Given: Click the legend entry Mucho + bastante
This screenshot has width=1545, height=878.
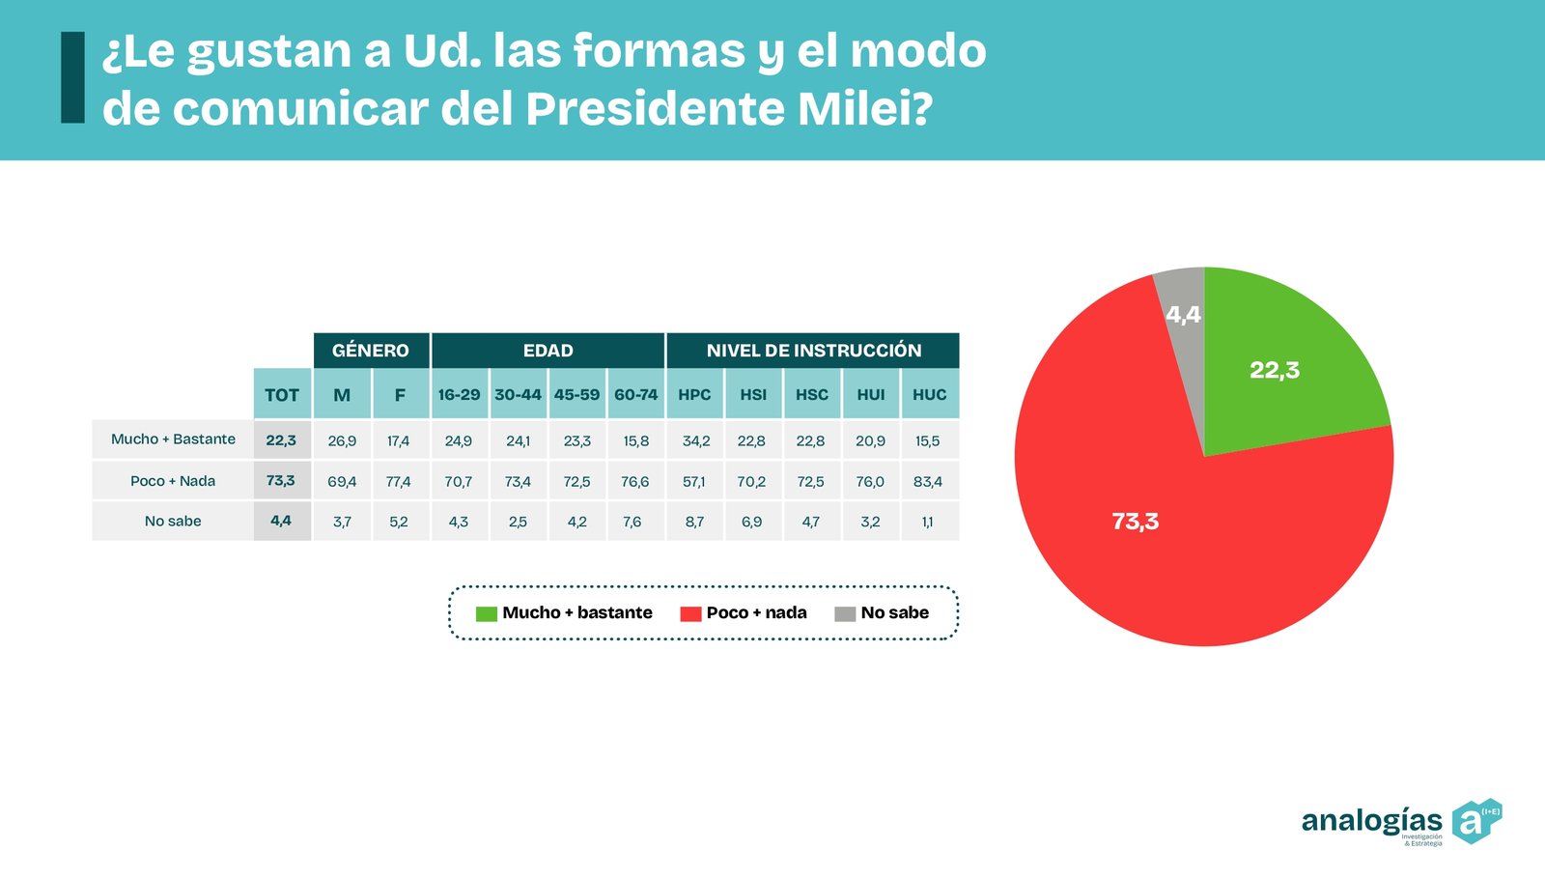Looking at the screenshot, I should pyautogui.click(x=565, y=613).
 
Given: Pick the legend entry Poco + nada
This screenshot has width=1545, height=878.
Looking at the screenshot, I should pyautogui.click(x=744, y=613).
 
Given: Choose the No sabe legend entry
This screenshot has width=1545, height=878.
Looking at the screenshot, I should pyautogui.click(x=883, y=613).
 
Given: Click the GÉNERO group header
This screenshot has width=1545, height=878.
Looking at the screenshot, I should pyautogui.click(x=371, y=351).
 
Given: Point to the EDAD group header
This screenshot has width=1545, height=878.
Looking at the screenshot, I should pyautogui.click(x=548, y=351).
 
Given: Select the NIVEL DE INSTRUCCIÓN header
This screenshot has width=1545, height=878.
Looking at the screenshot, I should pyautogui.click(x=813, y=351).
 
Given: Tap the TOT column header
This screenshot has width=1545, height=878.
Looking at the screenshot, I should pyautogui.click(x=282, y=394).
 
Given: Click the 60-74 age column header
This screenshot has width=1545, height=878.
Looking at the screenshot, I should pyautogui.click(x=635, y=394).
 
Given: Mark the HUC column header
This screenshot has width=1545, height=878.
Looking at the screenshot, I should pyautogui.click(x=930, y=394).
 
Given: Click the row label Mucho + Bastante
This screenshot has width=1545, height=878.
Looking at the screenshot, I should pyautogui.click(x=173, y=439).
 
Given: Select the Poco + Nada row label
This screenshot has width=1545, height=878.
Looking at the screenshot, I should pyautogui.click(x=173, y=481).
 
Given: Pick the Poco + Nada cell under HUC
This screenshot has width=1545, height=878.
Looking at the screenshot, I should pyautogui.click(x=928, y=481).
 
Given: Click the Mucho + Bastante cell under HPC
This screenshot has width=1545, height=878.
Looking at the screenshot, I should pyautogui.click(x=695, y=440).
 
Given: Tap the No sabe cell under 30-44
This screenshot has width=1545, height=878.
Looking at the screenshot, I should pyautogui.click(x=518, y=522).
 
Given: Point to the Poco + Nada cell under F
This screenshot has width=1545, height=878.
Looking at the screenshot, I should pyautogui.click(x=399, y=481).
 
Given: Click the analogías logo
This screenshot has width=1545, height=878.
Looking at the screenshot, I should pyautogui.click(x=1400, y=822).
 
